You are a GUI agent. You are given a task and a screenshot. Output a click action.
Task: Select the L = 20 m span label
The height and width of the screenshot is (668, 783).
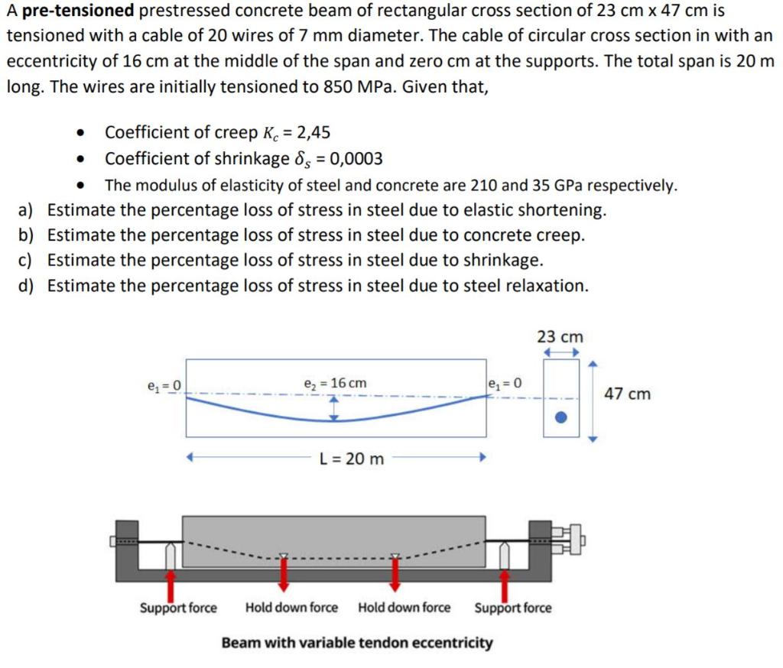(x=352, y=459)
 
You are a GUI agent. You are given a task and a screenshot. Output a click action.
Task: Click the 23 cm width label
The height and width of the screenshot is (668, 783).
(x=560, y=336)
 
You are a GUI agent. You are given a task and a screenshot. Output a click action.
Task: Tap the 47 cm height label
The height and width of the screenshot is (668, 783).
(x=628, y=394)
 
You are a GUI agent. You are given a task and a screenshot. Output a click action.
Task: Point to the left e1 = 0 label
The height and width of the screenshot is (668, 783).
(x=164, y=384)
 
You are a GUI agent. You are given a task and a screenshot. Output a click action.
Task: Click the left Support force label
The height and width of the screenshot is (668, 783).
(x=178, y=608)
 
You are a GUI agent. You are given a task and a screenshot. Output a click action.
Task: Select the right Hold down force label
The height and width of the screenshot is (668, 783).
(x=404, y=608)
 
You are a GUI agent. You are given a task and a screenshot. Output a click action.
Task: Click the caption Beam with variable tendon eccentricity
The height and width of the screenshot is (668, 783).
(x=357, y=642)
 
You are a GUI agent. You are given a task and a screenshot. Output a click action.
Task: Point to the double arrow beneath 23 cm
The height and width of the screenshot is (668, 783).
(x=560, y=352)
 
